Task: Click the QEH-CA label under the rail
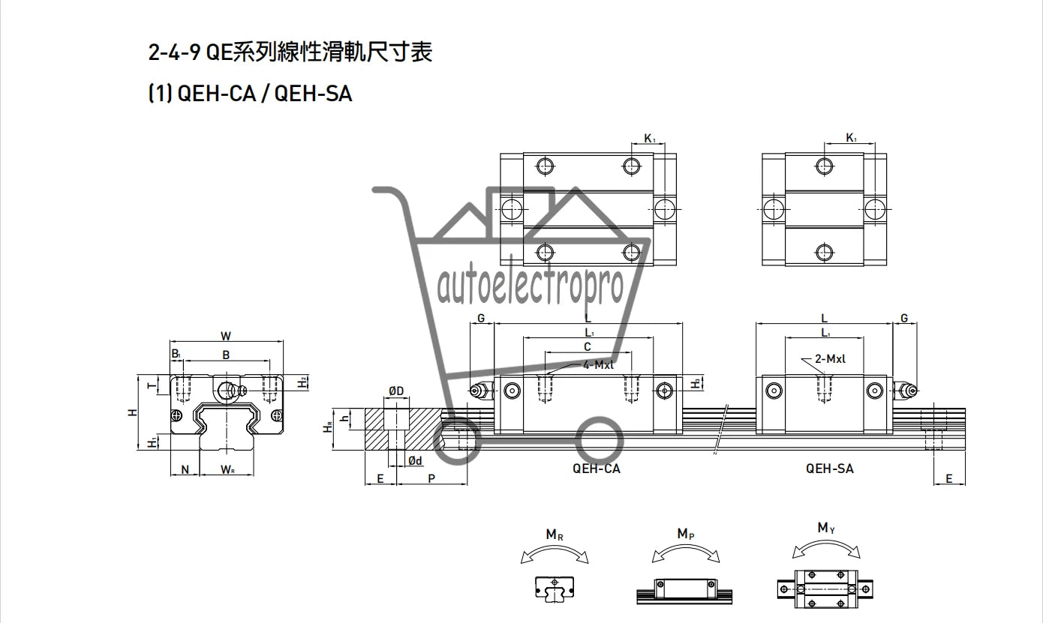[597, 469]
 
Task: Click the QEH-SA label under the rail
[830, 469]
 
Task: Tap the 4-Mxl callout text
[598, 365]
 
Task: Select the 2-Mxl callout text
[830, 358]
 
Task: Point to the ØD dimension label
[396, 391]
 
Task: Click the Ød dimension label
[416, 460]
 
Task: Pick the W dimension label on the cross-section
[226, 336]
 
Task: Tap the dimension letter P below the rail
[431, 478]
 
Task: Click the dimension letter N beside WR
[185, 470]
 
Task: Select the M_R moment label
[555, 535]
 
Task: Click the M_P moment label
[685, 534]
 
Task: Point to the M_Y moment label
[826, 528]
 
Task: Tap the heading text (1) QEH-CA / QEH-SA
[250, 94]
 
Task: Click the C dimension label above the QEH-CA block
[587, 346]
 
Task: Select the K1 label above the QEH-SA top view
[851, 138]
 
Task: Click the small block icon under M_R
[555, 589]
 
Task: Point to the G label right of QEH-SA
[904, 318]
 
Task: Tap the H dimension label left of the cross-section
[133, 412]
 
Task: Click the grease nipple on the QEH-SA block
[905, 390]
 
